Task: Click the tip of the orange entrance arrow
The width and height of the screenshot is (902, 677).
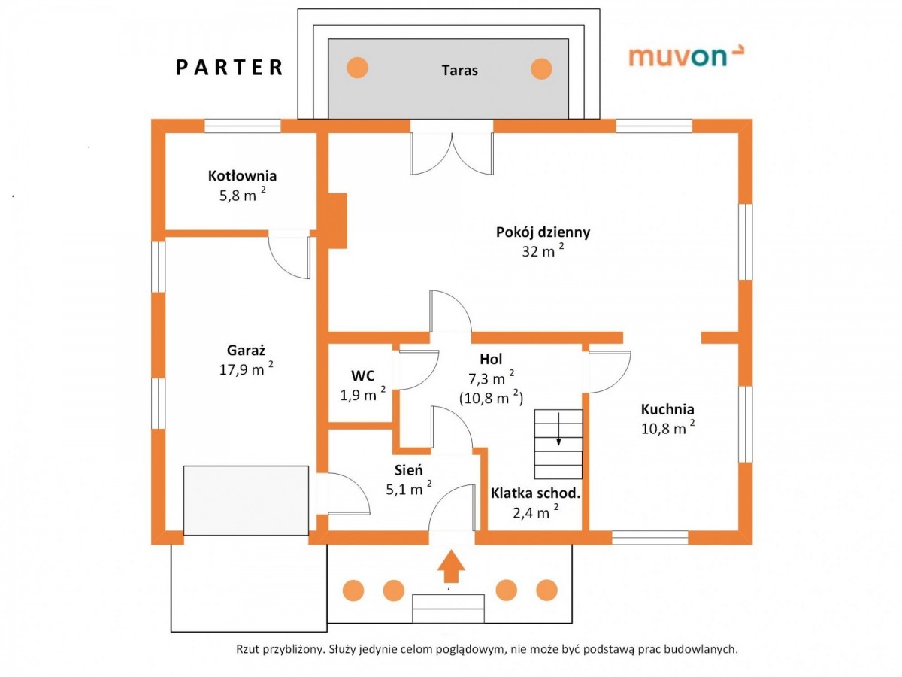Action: pos(451,550)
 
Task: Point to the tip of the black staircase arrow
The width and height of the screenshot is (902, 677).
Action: pos(558,445)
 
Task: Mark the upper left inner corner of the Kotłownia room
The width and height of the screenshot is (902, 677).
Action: pos(165,133)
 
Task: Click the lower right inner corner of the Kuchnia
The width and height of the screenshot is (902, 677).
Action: pos(739,530)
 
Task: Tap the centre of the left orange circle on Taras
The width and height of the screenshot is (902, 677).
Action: pos(357,68)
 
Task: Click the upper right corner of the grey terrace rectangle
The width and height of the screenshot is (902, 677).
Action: pos(569,39)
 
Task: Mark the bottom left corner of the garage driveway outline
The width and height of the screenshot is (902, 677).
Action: pos(171,632)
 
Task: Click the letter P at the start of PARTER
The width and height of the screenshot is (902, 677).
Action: pos(181,68)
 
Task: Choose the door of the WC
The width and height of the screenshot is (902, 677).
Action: pos(416,369)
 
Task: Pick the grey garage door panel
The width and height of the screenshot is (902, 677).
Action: pos(246,500)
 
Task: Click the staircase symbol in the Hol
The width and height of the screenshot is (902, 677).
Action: pos(558,444)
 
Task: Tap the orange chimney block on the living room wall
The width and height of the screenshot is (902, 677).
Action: pos(337,220)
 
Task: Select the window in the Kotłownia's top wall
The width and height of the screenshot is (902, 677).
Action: pos(243,126)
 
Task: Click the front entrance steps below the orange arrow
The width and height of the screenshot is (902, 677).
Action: pos(448,609)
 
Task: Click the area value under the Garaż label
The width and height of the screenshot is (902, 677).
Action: pos(246,369)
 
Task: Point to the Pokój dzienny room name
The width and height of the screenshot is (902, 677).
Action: pos(543,232)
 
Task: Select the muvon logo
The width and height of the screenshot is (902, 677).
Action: pos(686,56)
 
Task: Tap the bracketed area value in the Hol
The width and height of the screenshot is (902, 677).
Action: pos(491,397)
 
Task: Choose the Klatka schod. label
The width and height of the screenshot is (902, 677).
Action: pos(535,493)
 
